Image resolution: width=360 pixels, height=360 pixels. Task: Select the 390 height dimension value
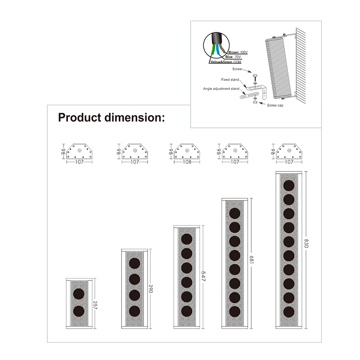point(151,289)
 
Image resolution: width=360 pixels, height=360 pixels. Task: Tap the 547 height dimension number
point(203,276)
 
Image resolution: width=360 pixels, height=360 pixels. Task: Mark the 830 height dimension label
point(306,243)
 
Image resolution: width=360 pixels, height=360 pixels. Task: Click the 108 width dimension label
point(187,162)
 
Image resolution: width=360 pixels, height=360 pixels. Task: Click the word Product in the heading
point(80,117)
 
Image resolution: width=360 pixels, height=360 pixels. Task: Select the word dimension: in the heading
point(135,117)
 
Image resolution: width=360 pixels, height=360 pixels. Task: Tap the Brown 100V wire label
point(238,52)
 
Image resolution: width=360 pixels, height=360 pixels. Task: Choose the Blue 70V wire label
point(233,57)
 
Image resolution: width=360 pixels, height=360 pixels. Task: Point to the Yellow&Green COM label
point(226,62)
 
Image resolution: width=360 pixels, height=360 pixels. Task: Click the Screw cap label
point(275,105)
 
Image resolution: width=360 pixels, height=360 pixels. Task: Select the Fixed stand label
point(230,80)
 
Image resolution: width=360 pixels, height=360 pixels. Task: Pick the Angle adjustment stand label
point(221,89)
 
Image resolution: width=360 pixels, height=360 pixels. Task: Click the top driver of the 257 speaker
point(79,294)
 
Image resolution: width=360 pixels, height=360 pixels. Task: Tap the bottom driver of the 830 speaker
point(289,312)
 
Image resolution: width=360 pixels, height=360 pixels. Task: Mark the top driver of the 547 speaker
point(187,239)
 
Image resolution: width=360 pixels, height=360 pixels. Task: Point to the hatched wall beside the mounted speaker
point(301,66)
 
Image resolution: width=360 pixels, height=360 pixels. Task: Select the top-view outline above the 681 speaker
point(235,151)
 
